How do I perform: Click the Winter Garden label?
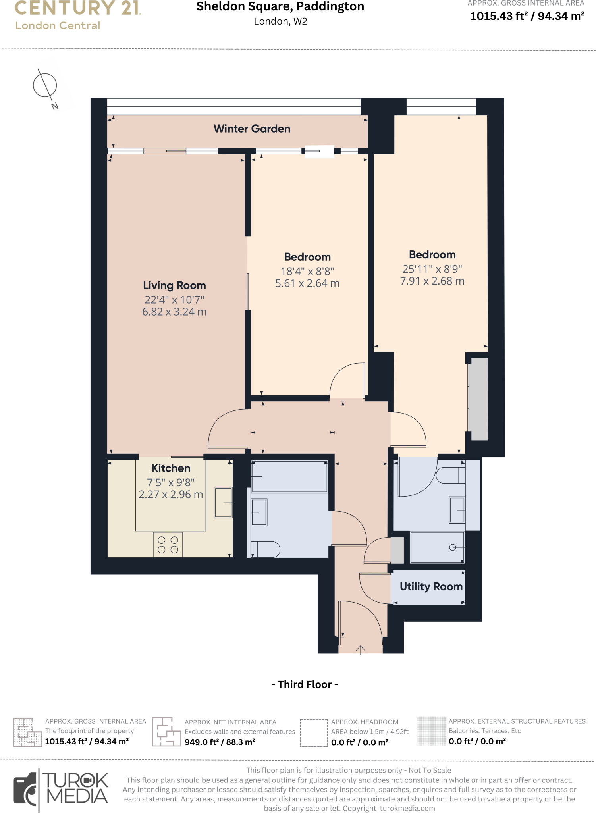pos(252,129)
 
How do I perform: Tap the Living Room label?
pos(174,285)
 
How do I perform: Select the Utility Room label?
pos(431,586)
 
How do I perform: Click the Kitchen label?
pos(171,468)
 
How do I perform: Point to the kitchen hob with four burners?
pos(168,545)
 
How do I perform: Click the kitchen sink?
pos(224,503)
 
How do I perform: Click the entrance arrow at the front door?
pos(360,650)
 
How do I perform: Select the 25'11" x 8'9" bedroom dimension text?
pos(432,269)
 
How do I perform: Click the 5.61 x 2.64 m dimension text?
pos(307,283)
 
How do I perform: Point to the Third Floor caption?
pos(305,684)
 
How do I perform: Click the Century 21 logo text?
pos(78,8)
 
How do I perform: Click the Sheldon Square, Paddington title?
pos(280,7)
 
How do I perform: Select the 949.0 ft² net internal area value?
pos(220,742)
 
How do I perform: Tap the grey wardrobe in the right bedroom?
pos(479,399)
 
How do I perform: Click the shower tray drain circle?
pos(452,547)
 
